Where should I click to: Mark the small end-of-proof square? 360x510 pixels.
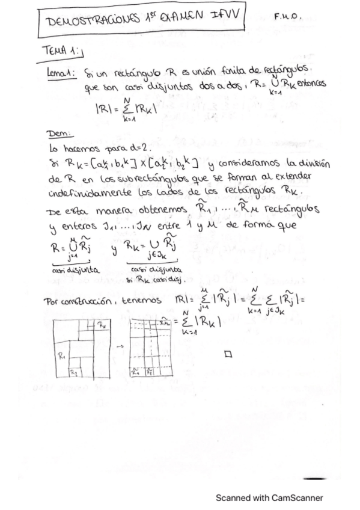[228, 354]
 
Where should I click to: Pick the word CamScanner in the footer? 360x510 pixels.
[296, 498]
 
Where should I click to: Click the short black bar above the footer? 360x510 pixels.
[314, 479]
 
